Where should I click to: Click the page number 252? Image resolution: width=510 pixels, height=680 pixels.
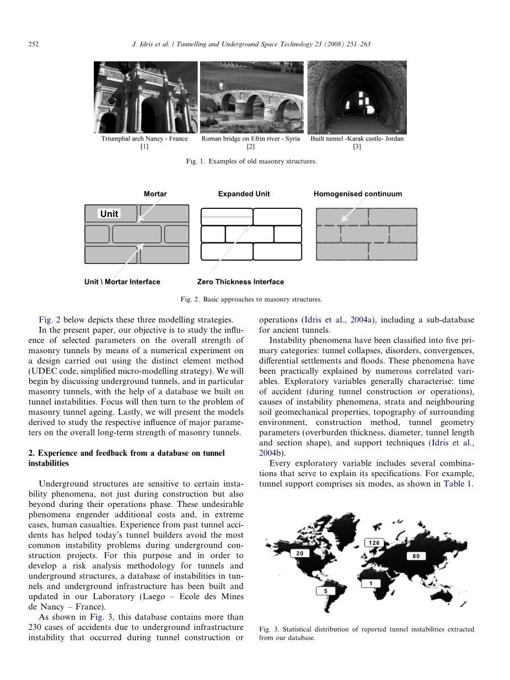point(33,44)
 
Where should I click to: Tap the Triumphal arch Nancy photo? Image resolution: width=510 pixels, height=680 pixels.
point(145,97)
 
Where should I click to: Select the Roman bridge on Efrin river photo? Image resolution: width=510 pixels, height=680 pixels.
point(251,97)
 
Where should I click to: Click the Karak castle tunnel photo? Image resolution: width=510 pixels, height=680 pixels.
point(357,97)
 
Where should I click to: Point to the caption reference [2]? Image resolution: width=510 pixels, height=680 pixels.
point(251,147)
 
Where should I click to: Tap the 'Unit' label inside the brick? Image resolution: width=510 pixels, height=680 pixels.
point(109,214)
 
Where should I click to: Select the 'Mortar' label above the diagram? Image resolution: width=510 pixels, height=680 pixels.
point(155,194)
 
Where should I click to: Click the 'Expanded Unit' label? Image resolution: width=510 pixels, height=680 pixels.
point(244,194)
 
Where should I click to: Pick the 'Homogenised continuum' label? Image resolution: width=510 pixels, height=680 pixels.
point(358,194)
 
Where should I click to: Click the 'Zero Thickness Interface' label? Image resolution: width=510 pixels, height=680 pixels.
point(240,282)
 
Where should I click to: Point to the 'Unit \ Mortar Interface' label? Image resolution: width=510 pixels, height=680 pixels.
point(122,282)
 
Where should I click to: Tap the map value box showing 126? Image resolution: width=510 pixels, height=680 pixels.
point(374,543)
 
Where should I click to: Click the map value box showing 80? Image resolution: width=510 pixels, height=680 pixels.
point(416,556)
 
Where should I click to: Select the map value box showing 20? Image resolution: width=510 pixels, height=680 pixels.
point(300,553)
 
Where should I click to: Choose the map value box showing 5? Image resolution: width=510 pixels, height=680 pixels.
point(326,591)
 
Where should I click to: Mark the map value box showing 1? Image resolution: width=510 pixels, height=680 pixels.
point(371,583)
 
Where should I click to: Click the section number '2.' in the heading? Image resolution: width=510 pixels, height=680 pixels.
point(31,453)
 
